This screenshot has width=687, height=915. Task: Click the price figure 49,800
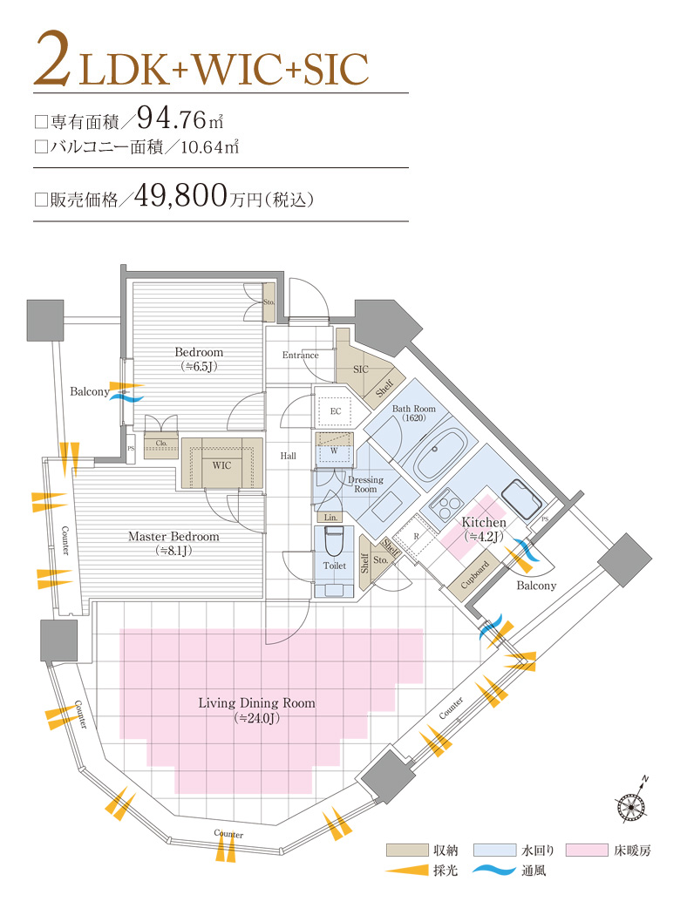click(180, 195)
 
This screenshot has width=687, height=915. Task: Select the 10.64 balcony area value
click(202, 146)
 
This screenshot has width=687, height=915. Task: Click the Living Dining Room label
click(257, 703)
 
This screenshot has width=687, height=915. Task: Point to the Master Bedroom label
click(174, 536)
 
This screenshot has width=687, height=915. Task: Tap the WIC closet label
click(221, 465)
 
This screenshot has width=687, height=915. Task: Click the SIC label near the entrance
click(361, 369)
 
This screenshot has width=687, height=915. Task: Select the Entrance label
click(301, 355)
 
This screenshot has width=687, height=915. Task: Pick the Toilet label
click(335, 566)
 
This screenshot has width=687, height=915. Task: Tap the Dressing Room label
click(366, 485)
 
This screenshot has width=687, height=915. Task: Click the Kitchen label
click(484, 522)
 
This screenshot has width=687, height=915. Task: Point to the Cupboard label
click(475, 574)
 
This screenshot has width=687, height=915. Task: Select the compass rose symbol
click(631, 806)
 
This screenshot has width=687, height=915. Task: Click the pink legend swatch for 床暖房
click(587, 851)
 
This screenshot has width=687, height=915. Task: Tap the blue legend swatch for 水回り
click(495, 851)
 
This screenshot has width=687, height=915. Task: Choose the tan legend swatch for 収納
click(407, 851)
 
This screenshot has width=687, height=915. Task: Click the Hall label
click(289, 456)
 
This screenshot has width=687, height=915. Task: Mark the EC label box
click(335, 411)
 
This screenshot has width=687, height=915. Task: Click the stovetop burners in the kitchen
click(446, 505)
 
